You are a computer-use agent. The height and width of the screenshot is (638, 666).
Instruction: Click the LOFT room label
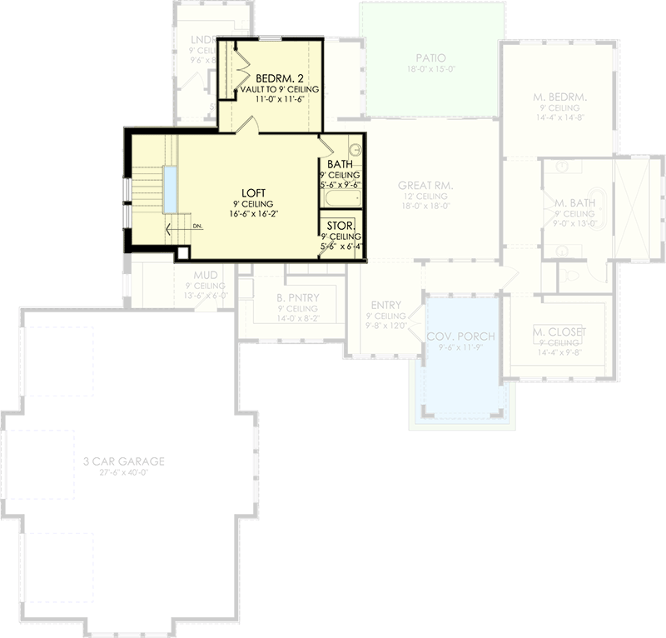click(x=254, y=192)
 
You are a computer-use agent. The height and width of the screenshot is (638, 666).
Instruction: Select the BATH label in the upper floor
click(x=340, y=165)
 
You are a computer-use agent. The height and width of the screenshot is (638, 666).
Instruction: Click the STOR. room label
click(x=340, y=226)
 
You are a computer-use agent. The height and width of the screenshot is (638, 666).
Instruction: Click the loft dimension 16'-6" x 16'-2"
click(x=254, y=213)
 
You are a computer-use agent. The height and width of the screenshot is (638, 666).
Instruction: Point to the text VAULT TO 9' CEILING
click(x=274, y=88)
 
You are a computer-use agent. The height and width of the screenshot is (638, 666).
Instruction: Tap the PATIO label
click(x=431, y=58)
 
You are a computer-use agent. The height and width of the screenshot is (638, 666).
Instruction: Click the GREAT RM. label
click(x=425, y=185)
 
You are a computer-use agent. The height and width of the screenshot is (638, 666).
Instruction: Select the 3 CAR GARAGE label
click(x=123, y=461)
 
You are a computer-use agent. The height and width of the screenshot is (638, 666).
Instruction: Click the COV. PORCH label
click(x=460, y=336)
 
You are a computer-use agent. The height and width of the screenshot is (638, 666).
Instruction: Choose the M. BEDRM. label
click(x=559, y=97)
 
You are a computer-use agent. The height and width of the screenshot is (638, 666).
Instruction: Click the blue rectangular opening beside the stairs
click(x=171, y=189)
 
